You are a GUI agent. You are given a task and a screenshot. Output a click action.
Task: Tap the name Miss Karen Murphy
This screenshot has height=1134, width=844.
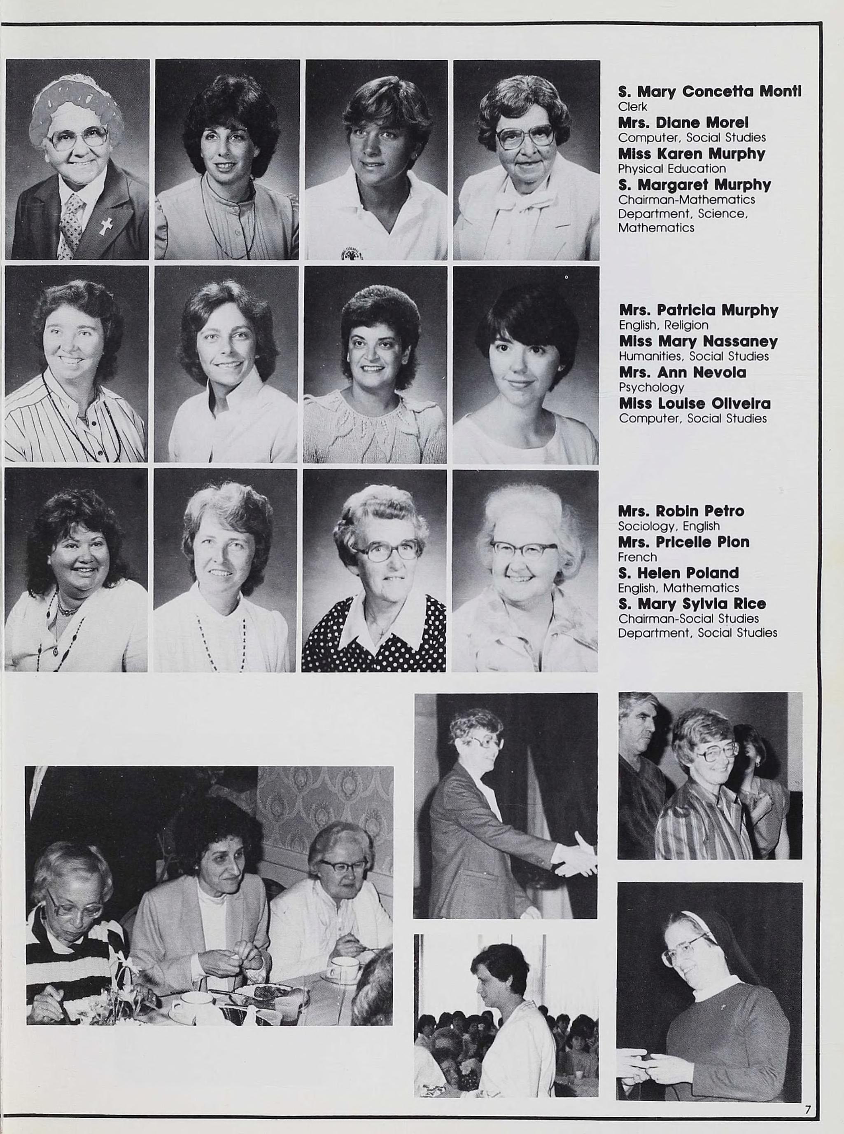691,154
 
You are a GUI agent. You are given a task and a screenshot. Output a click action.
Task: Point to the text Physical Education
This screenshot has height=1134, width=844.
672,169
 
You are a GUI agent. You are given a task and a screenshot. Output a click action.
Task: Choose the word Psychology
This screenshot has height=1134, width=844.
651,387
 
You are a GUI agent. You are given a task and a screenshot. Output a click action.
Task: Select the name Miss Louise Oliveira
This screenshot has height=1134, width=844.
694,403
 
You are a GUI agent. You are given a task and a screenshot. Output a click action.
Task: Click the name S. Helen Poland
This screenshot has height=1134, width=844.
678,573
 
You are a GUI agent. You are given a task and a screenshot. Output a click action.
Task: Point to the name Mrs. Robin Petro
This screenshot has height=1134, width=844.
681,511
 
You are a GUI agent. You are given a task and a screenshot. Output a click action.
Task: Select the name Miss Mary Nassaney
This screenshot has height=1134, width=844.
698,341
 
